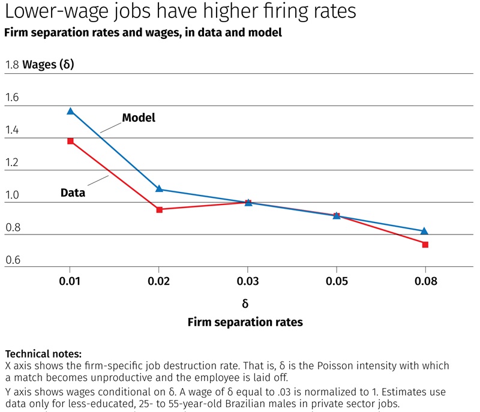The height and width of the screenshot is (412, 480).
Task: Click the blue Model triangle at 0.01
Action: tap(70, 111)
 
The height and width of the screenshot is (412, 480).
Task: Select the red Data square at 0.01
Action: tap(70, 141)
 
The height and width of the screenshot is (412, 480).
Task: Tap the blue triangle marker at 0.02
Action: tap(159, 188)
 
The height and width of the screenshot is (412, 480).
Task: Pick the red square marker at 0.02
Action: tap(159, 209)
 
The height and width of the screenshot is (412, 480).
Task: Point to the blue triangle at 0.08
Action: tap(425, 231)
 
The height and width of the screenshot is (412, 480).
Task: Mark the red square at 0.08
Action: tap(425, 244)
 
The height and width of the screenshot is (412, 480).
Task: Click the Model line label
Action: tap(139, 118)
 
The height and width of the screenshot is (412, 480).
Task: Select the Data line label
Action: tap(73, 193)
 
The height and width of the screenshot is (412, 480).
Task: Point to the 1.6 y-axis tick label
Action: tap(11, 97)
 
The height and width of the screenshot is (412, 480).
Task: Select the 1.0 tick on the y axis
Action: tap(11, 194)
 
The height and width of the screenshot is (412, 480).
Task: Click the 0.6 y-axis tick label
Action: tap(11, 259)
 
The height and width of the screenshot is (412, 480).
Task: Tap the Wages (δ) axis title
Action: tap(48, 65)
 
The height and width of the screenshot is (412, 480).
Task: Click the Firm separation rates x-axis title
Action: tap(245, 322)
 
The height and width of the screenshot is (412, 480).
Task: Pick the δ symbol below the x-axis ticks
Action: tap(245, 303)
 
